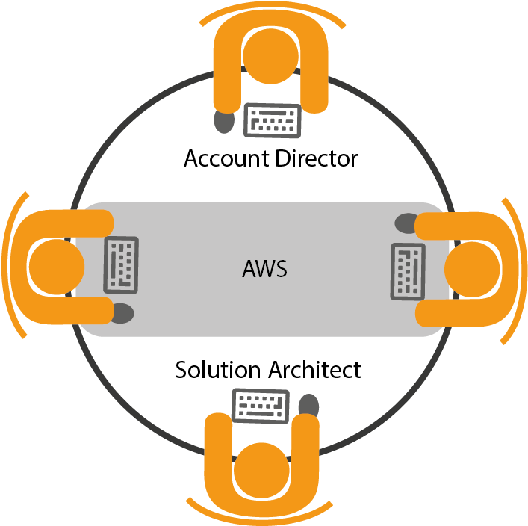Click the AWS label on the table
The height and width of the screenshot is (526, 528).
[x=264, y=269]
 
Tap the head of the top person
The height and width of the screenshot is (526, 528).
[x=270, y=55]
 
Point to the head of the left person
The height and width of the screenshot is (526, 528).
[x=56, y=267]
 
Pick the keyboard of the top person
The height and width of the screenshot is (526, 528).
[x=273, y=120]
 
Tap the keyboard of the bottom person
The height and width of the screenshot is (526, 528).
[x=261, y=406]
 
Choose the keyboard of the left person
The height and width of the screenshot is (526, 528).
[x=121, y=264]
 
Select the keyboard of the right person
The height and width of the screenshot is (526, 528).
[x=408, y=270]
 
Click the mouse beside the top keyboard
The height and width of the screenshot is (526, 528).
[x=223, y=120]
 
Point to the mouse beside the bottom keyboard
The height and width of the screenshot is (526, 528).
[x=308, y=406]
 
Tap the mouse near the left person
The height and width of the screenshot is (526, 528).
[x=122, y=314]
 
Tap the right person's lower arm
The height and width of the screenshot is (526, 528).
[x=456, y=314]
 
